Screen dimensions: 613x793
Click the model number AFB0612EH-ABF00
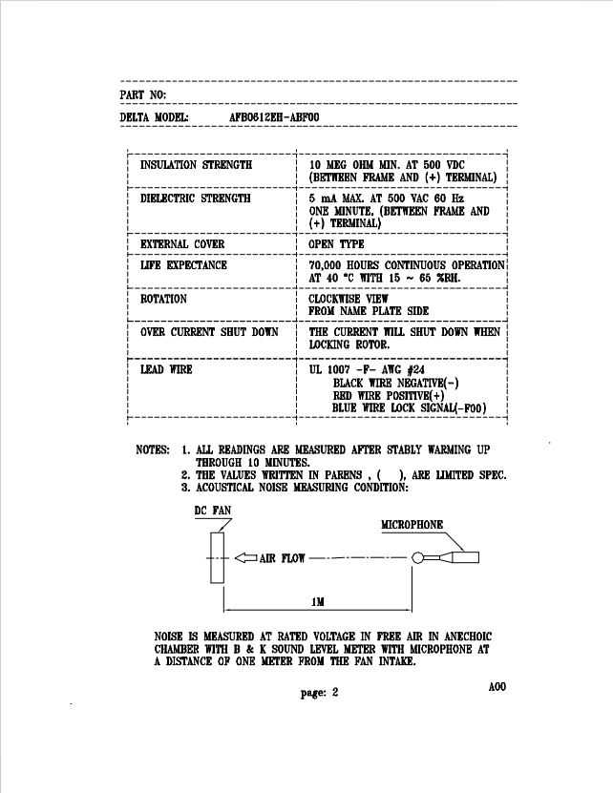click(274, 117)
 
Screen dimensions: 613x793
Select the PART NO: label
click(142, 94)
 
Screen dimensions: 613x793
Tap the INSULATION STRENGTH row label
click(196, 165)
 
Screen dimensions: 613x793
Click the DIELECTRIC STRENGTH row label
click(196, 198)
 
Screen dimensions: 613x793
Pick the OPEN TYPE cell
click(337, 243)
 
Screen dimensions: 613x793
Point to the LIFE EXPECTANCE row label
click(183, 265)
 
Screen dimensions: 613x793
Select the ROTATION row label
click(163, 299)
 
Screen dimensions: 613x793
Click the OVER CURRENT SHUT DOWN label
click(209, 332)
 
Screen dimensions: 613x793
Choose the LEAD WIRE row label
click(166, 369)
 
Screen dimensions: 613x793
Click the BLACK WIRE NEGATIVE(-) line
click(396, 383)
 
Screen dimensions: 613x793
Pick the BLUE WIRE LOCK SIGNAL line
click(409, 407)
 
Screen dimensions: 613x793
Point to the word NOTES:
click(153, 449)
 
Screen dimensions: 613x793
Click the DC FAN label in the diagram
click(213, 511)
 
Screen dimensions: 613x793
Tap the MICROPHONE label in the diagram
click(412, 525)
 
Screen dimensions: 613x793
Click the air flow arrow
click(246, 558)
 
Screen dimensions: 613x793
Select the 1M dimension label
click(318, 602)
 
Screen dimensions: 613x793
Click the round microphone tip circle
click(417, 558)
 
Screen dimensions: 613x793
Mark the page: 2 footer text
click(319, 693)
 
